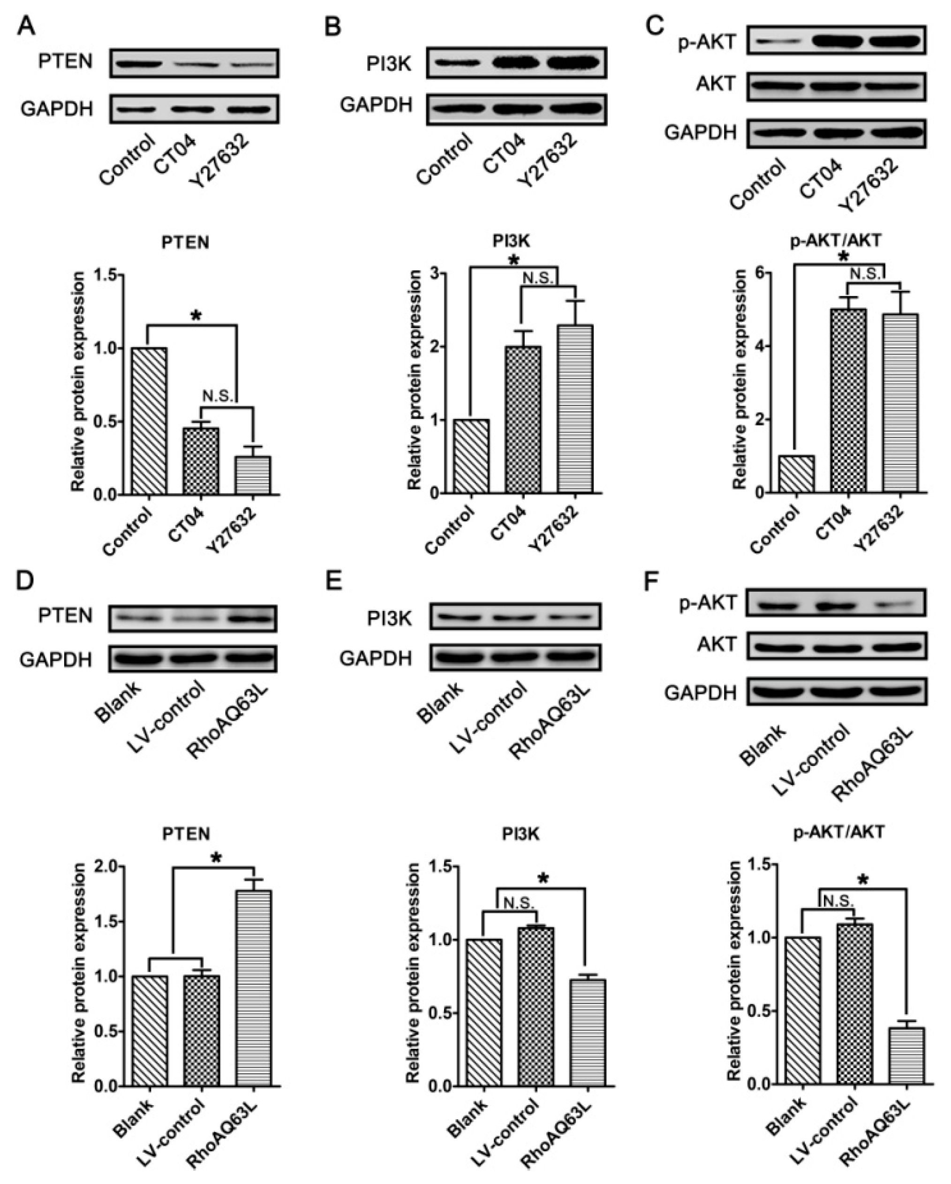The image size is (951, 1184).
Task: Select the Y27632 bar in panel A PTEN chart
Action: pos(253,475)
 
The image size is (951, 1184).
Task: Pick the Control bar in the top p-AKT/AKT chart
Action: pos(796,474)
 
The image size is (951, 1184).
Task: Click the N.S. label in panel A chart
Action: pos(219,396)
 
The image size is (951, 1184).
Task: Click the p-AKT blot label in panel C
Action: pos(707,41)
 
